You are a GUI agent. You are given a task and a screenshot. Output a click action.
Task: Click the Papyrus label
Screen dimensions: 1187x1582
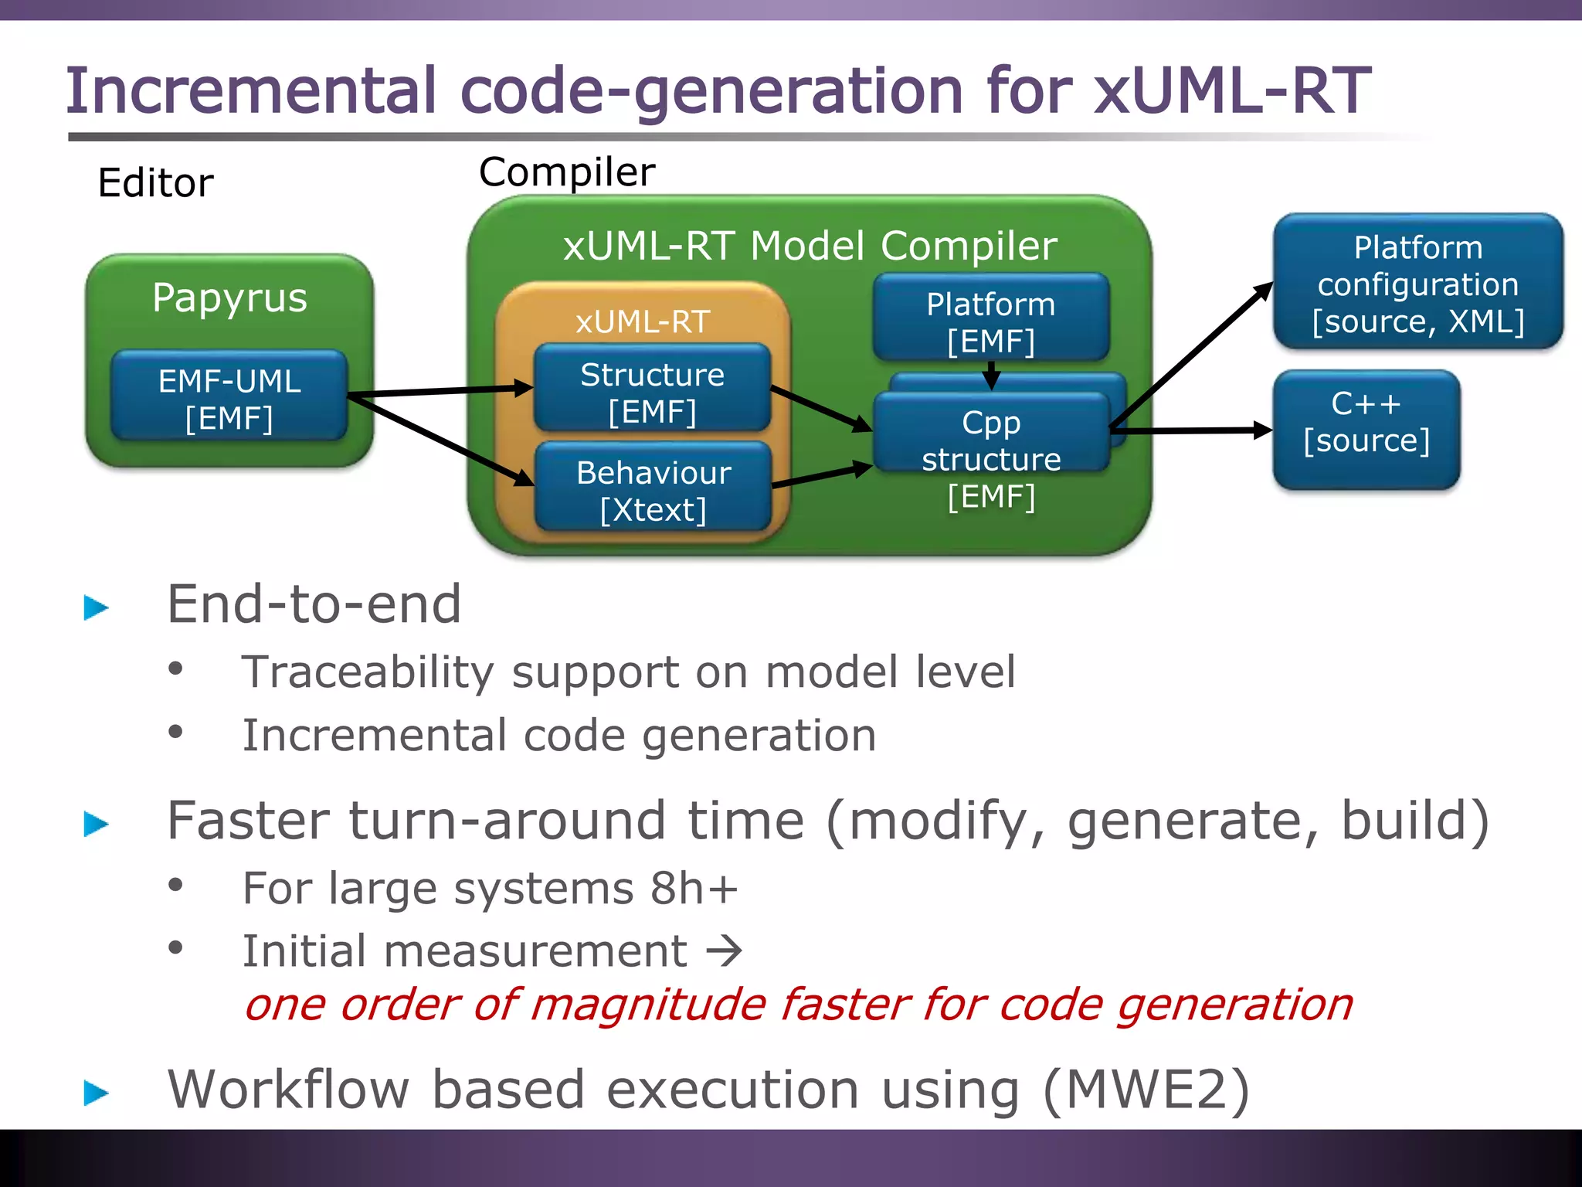[229, 298]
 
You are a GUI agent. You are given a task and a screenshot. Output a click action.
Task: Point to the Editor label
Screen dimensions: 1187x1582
[155, 184]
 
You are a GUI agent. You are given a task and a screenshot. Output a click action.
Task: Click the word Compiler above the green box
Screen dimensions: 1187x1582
[566, 172]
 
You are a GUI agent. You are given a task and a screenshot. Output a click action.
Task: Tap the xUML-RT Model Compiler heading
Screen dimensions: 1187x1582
[809, 247]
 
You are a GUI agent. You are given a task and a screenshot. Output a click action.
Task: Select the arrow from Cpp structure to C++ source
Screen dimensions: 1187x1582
[1190, 430]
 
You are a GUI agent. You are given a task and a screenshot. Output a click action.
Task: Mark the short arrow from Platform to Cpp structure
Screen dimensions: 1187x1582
[991, 376]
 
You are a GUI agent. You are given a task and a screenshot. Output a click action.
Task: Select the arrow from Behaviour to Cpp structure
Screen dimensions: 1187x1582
[821, 475]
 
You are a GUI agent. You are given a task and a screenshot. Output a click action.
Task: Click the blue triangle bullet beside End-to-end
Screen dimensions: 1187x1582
[96, 607]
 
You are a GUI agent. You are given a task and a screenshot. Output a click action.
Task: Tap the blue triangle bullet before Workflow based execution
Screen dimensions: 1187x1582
[96, 1092]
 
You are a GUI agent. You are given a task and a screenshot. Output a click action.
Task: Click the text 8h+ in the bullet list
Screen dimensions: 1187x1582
[693, 888]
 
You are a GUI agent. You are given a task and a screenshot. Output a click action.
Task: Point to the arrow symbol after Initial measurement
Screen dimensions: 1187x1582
[724, 951]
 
